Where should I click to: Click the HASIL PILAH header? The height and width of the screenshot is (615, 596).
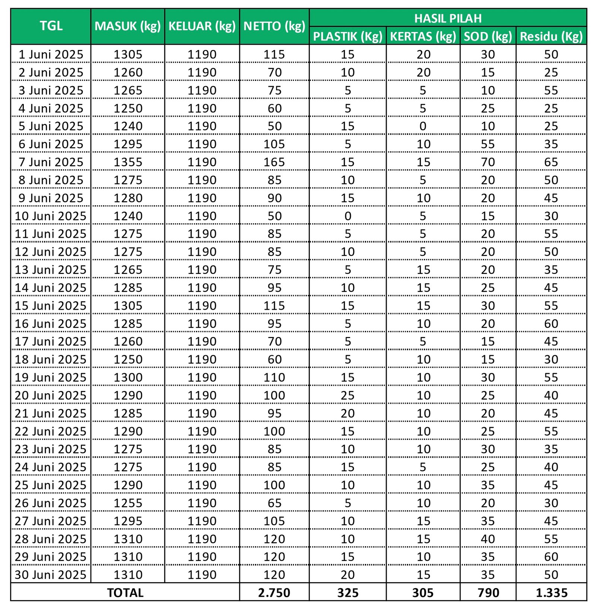coord(448,18)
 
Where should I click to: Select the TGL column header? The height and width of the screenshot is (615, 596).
coord(51,26)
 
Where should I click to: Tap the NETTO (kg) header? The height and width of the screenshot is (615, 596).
coord(274,26)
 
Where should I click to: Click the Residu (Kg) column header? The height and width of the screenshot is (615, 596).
coord(551,36)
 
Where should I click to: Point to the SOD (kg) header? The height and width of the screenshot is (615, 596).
coord(488,36)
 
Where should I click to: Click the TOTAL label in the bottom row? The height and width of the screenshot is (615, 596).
coord(125,593)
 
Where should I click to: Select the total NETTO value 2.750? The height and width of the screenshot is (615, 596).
coord(274,593)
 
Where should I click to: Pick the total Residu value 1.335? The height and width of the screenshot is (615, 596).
coord(551,593)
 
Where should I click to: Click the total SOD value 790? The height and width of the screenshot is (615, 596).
coord(488,593)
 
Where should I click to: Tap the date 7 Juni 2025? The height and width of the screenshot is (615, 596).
coord(51,162)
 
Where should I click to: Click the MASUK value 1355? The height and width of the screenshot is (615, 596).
coord(128,162)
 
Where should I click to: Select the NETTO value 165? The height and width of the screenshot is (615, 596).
coord(274,162)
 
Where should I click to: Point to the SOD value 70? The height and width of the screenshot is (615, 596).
coord(488,162)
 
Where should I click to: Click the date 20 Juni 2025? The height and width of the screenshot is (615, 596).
coord(51,395)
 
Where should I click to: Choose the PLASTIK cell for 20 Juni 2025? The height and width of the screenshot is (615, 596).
coord(348,395)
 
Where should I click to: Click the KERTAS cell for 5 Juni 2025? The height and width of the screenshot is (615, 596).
coord(423,126)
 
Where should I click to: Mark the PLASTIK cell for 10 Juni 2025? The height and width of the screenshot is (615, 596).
coord(348,216)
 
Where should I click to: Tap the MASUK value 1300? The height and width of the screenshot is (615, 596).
coord(128,378)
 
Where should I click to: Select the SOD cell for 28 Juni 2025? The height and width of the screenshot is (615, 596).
coord(488,539)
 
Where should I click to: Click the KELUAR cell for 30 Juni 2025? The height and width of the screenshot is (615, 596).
coord(202,575)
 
